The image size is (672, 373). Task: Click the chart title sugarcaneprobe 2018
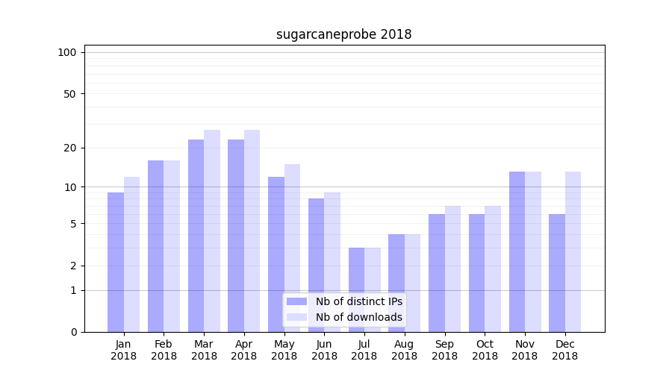[343, 34]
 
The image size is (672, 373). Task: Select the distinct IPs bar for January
[116, 262]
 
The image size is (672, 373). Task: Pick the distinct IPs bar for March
[196, 236]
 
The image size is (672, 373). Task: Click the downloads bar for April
[252, 231]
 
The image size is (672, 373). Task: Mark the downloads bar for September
[452, 269]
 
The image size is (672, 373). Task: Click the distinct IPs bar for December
[557, 273]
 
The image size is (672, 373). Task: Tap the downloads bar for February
[172, 246]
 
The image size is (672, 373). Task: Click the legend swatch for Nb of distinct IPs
[296, 301]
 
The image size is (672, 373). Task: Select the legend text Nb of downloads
[358, 317]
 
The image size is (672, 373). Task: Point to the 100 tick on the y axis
[67, 52]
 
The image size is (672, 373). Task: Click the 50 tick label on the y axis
[70, 94]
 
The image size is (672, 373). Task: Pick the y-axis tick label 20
[70, 148]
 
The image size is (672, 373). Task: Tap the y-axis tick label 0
[73, 332]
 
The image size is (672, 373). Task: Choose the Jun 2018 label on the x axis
[324, 350]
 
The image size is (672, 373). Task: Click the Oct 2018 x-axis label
[485, 350]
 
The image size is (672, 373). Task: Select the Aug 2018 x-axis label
[404, 350]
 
